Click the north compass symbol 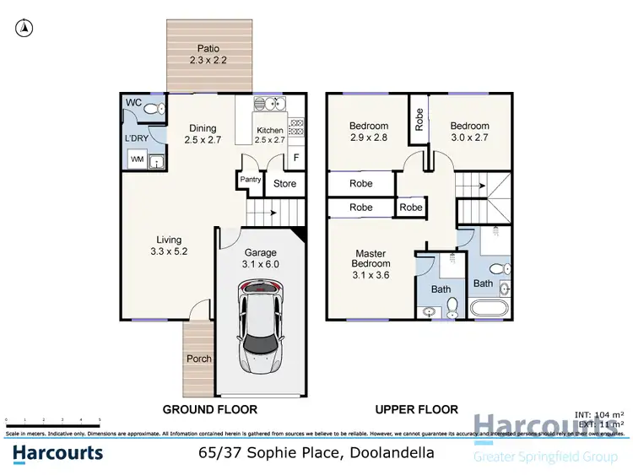coord(25,28)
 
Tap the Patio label coord(208,56)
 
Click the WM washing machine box coord(136,159)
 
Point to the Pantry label coord(250,180)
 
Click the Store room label coord(285,182)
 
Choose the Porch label coord(199,359)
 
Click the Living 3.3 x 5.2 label coord(168,246)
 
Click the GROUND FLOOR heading coord(209,410)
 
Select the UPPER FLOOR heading coord(417,410)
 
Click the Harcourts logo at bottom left coord(57,453)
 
